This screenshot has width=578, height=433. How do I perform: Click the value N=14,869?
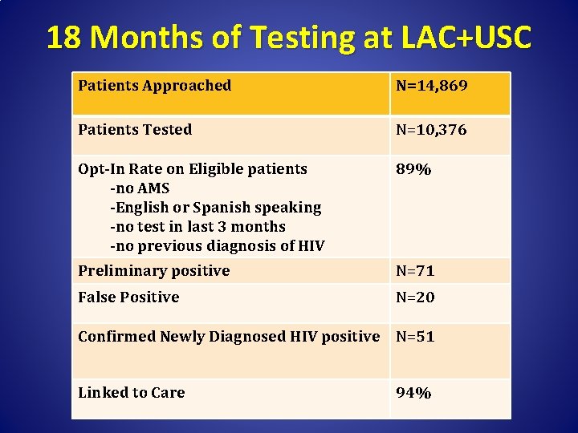click(431, 86)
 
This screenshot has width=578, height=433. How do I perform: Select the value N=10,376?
click(431, 130)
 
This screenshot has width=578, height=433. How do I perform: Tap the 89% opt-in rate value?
click(413, 169)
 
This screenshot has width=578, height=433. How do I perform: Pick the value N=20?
click(415, 297)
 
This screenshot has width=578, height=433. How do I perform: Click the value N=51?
click(415, 337)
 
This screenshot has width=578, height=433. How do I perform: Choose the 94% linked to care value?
click(413, 393)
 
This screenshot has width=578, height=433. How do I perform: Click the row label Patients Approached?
click(154, 86)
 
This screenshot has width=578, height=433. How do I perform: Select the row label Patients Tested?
click(135, 130)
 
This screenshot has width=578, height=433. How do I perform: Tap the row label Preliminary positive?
click(153, 271)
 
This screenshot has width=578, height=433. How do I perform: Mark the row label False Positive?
click(128, 297)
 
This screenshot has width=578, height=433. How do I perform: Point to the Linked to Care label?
click(131, 393)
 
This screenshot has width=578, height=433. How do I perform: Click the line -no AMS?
click(140, 188)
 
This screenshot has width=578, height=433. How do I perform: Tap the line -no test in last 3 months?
click(197, 227)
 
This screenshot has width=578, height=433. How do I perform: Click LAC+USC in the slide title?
click(463, 38)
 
